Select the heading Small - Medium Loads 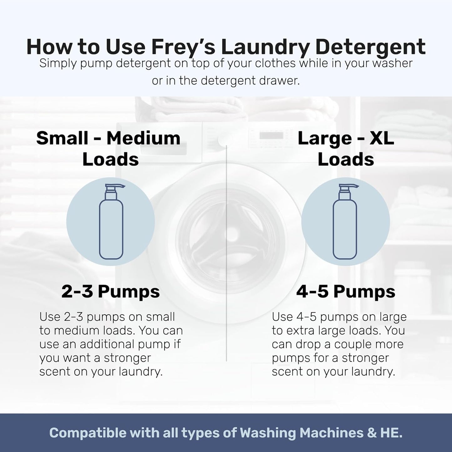(109, 149)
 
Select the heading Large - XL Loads (346, 149)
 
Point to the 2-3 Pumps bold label (110, 292)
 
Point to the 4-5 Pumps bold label (346, 292)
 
